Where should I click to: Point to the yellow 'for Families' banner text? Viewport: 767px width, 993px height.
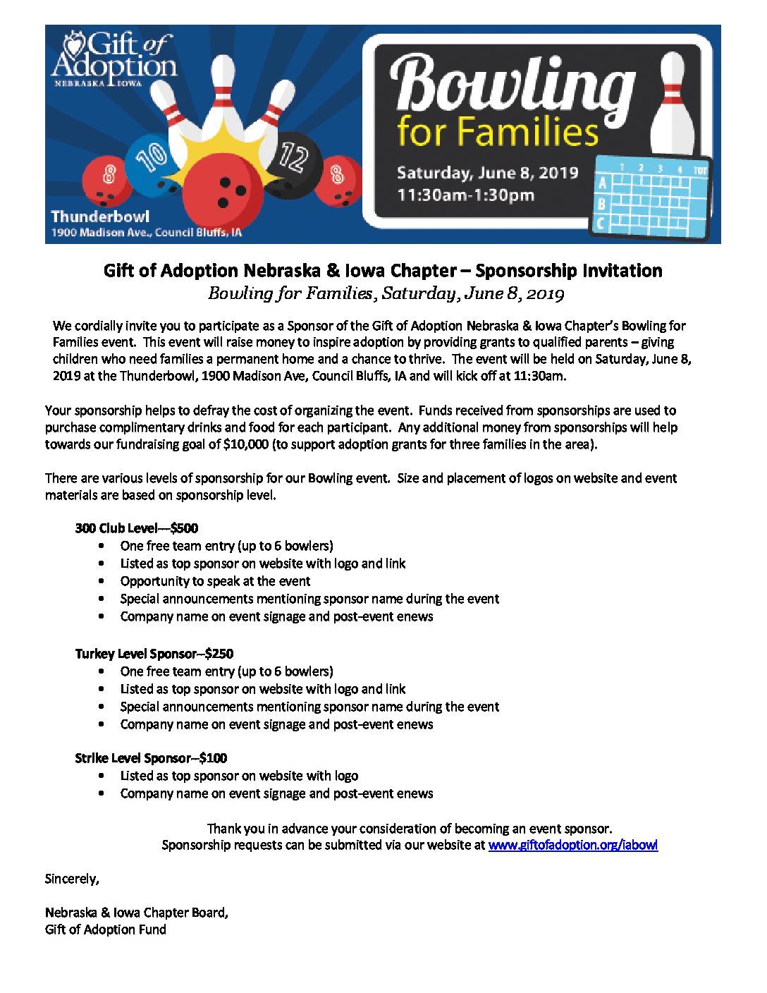pyautogui.click(x=498, y=132)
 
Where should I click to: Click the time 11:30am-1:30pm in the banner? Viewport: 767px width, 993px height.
pyautogui.click(x=465, y=195)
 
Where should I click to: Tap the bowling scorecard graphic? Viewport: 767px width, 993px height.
pyautogui.click(x=651, y=197)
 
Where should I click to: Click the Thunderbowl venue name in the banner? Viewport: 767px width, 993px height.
pyautogui.click(x=100, y=216)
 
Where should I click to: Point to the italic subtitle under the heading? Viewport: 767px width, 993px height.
pyautogui.click(x=386, y=293)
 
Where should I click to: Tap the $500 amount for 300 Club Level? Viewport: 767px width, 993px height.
pyautogui.click(x=184, y=528)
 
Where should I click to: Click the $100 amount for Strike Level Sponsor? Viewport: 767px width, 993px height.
pyautogui.click(x=213, y=758)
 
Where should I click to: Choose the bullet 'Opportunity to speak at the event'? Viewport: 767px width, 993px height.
pyautogui.click(x=215, y=581)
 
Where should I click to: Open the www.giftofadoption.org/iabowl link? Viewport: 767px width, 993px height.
pyautogui.click(x=572, y=845)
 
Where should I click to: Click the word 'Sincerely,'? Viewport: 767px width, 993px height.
pyautogui.click(x=72, y=879)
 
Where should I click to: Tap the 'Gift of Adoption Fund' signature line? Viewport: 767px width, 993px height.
pyautogui.click(x=106, y=930)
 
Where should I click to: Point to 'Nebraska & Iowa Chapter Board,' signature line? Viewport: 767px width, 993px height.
pyautogui.click(x=137, y=913)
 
